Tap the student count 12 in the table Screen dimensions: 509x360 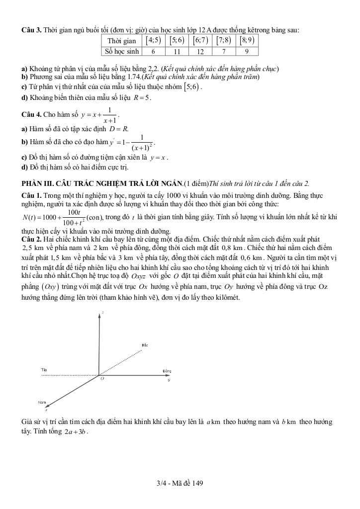click(x=200, y=51)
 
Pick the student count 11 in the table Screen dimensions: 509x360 click(x=177, y=51)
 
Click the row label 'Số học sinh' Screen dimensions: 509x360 click(x=121, y=51)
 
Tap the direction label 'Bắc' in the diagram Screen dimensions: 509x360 click(x=145, y=344)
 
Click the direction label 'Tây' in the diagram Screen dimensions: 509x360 click(x=44, y=370)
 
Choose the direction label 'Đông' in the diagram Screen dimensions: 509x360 click(x=167, y=371)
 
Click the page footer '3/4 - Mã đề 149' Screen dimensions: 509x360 click(x=180, y=483)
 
